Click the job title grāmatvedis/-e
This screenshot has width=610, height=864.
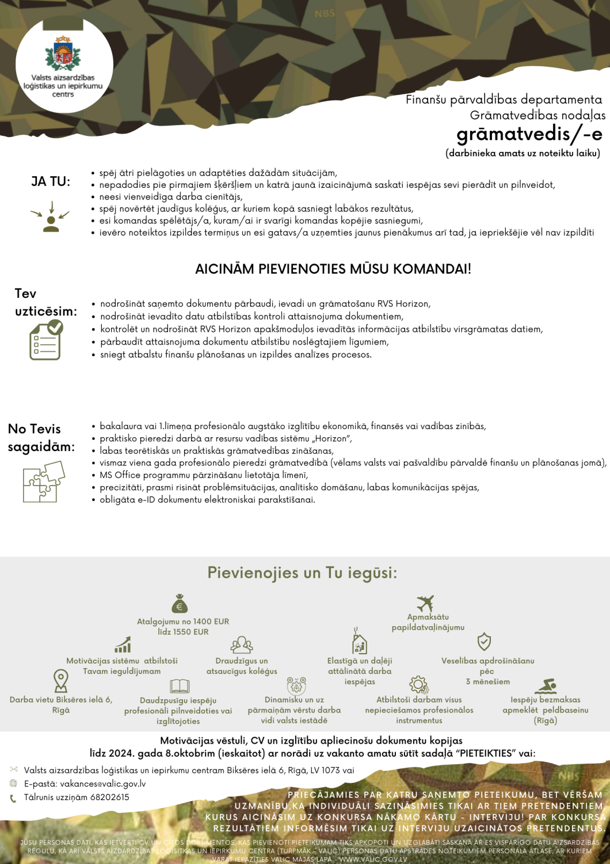(529, 134)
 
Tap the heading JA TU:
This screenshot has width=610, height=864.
(51, 181)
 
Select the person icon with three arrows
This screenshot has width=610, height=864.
(51, 218)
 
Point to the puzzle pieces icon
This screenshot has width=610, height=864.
(44, 482)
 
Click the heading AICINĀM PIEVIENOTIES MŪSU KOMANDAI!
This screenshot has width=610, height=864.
(333, 269)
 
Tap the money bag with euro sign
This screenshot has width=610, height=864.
(180, 604)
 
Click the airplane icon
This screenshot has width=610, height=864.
(425, 603)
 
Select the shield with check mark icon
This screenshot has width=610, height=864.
(484, 642)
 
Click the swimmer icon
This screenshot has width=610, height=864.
(546, 686)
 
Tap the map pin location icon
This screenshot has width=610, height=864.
(60, 680)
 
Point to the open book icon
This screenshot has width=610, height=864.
(180, 686)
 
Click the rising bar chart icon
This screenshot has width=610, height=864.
(123, 645)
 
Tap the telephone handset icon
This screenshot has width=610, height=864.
(13, 798)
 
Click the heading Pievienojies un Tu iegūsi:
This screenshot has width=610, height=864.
(302, 573)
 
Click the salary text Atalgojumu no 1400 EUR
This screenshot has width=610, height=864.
(183, 622)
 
